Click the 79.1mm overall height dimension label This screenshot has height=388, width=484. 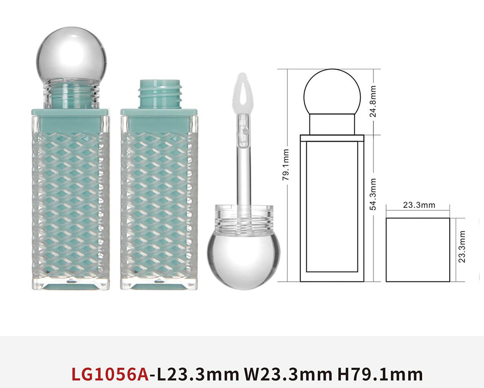coord(286,165)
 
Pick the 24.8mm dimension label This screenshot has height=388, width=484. coord(373,101)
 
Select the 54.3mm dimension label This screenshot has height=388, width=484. coord(373,194)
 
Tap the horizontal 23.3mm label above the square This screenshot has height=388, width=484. coord(419,205)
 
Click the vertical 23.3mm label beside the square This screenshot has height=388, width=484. coord(462,246)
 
